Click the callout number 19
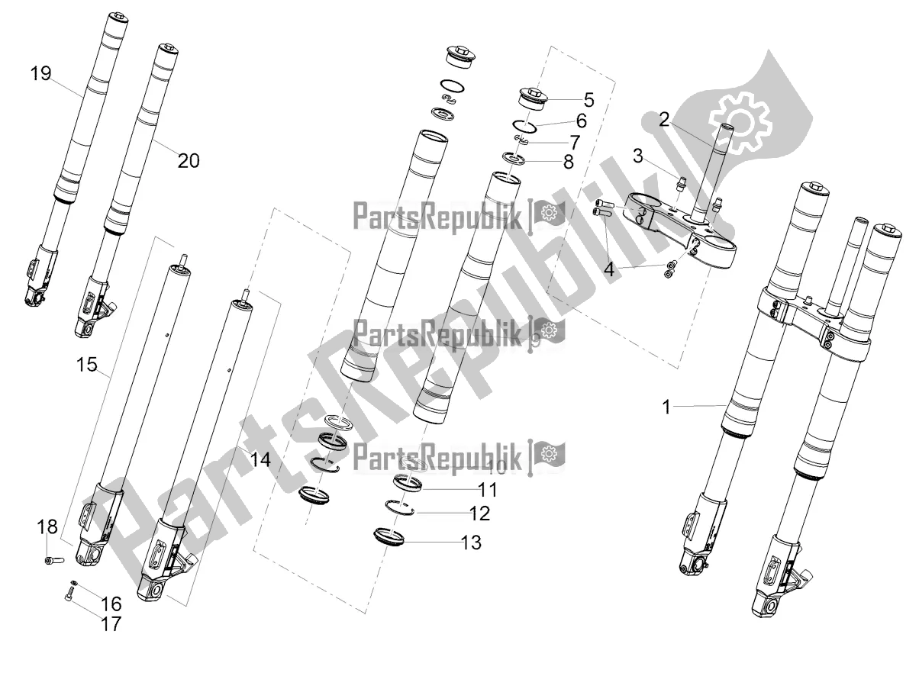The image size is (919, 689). click(x=40, y=74)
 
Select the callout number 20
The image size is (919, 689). click(x=188, y=160)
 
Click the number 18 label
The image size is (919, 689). click(x=47, y=527)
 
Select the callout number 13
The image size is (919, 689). click(x=471, y=543)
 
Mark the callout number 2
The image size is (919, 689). click(x=664, y=118)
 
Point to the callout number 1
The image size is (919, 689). click(x=666, y=407)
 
